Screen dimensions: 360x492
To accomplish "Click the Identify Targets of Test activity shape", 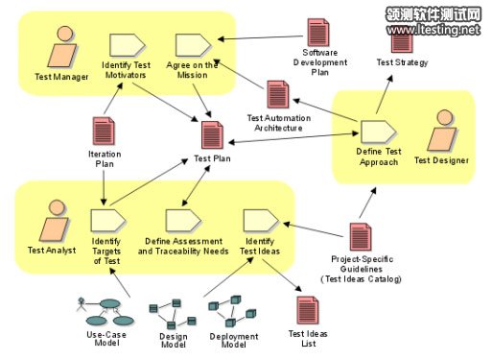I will [x=105, y=220].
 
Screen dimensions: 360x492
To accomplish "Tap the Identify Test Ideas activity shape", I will [x=258, y=220].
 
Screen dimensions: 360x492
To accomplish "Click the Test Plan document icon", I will [x=213, y=134].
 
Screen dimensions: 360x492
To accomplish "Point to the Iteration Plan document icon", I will [x=103, y=130].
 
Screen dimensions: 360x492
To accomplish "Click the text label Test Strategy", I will [x=402, y=62].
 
